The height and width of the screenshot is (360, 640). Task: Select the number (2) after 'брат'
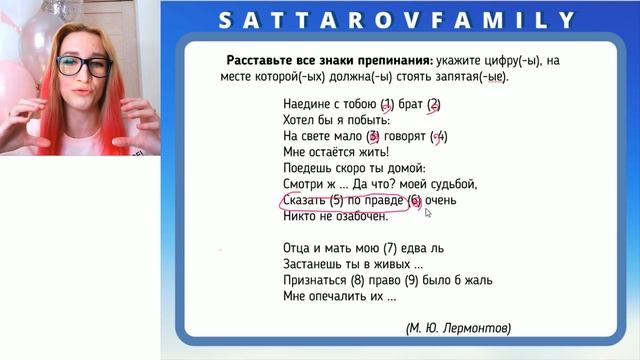(434, 103)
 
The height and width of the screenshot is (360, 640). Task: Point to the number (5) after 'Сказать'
(349, 200)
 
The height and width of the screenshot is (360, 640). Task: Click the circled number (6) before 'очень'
(415, 200)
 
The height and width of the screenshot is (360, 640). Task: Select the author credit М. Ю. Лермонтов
(458, 327)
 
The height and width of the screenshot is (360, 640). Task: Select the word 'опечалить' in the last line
(344, 296)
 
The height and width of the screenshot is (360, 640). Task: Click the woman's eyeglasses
(84, 67)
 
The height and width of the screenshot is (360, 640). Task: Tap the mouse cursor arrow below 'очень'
(428, 213)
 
